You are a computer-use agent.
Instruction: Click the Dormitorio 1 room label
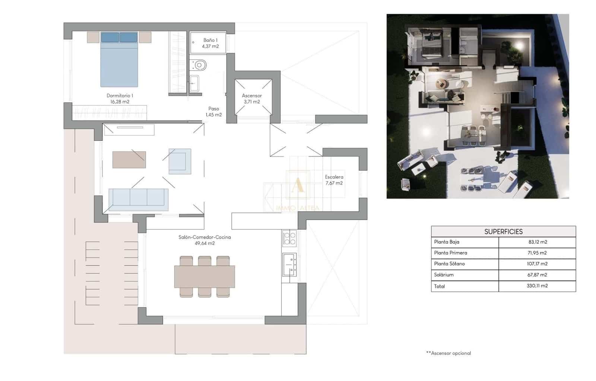[120, 99]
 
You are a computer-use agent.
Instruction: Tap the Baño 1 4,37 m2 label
[210, 43]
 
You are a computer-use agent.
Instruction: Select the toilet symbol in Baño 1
[199, 65]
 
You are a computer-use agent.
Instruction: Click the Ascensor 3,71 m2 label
[252, 99]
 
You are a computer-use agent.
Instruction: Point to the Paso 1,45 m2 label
[213, 112]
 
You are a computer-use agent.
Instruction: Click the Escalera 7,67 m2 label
[334, 180]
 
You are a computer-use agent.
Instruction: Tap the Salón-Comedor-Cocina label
[205, 240]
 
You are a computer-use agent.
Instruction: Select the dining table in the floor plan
[205, 276]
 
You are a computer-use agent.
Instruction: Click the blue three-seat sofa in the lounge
[138, 197]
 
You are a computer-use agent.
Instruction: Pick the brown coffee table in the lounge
[129, 160]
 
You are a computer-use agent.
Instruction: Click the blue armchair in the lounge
[180, 161]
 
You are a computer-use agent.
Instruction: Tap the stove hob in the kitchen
[289, 238]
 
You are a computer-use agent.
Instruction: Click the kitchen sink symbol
[289, 264]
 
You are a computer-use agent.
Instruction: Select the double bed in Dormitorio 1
[119, 61]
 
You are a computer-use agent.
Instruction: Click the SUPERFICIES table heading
[503, 231]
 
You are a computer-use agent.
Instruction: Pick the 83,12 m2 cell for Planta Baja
[538, 242]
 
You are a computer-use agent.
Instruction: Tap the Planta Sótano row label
[449, 264]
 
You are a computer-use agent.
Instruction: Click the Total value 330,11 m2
[537, 286]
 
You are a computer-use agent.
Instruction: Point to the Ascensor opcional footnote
[448, 353]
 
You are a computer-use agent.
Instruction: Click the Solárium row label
[444, 275]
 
